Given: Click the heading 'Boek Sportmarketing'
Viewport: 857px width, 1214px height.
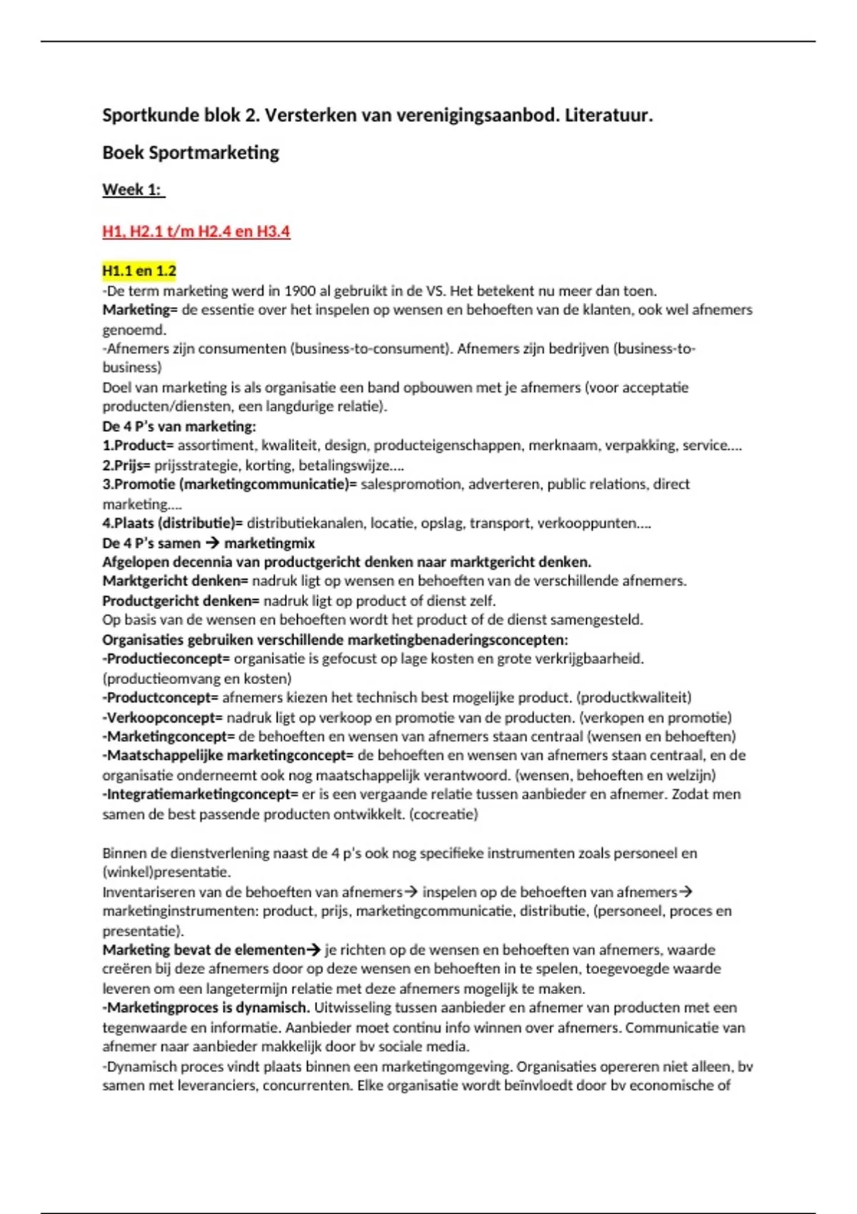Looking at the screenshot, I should [x=191, y=152].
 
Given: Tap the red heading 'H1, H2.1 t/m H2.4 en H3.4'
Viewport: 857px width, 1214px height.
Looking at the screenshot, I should [x=196, y=231].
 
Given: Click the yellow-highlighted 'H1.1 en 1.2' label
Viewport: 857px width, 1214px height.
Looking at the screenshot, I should [x=139, y=271].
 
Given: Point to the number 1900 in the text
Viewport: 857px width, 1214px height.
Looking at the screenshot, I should [x=300, y=291].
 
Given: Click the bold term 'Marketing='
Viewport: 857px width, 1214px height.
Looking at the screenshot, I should [x=139, y=310].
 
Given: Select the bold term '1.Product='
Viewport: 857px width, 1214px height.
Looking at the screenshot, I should [x=138, y=446].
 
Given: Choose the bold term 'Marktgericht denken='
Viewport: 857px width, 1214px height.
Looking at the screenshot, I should [x=175, y=581].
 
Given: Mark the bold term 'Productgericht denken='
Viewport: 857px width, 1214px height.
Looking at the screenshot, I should [x=181, y=601].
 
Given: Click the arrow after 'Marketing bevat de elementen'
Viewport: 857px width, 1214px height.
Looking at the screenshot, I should [x=313, y=950].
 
